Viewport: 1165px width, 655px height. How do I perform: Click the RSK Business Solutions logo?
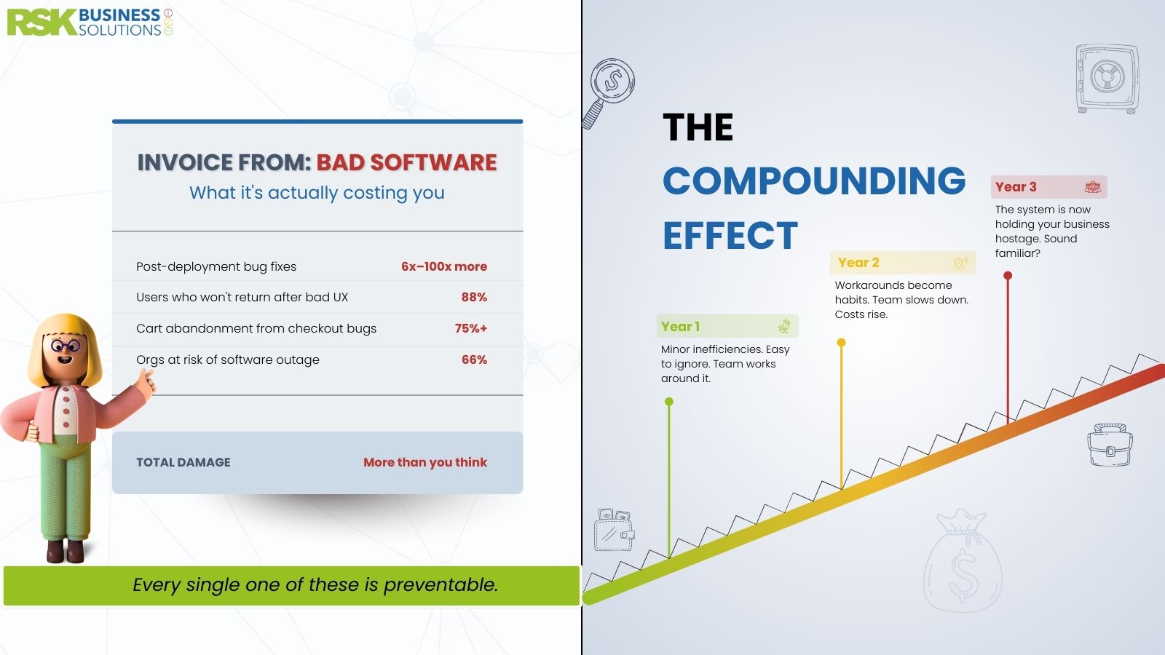pos(90,23)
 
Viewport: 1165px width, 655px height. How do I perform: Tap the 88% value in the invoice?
pos(474,298)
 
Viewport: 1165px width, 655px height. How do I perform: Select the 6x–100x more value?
pos(444,266)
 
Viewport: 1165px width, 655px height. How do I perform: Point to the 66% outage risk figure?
pos(474,360)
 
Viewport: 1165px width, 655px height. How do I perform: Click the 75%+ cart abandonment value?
pos(470,328)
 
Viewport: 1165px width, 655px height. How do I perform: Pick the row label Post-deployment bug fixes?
pos(216,266)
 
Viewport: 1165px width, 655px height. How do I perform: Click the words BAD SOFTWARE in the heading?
pos(407,163)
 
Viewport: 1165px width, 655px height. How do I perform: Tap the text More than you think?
pos(425,462)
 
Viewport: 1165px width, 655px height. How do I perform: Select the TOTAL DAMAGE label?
pos(183,462)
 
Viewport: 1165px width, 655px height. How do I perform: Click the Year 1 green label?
pos(727,327)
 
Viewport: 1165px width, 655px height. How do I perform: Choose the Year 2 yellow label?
pos(903,263)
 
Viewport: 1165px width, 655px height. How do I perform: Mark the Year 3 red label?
pos(1049,187)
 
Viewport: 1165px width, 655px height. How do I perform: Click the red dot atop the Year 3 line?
pos(1008,276)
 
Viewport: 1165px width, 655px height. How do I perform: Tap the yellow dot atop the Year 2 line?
pos(842,343)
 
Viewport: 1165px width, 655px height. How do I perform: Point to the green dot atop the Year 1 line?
pos(669,402)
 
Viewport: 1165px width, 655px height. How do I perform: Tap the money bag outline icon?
pos(963,560)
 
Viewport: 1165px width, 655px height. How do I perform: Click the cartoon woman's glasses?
pos(66,345)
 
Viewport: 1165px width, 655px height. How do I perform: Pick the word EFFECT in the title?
pos(730,236)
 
